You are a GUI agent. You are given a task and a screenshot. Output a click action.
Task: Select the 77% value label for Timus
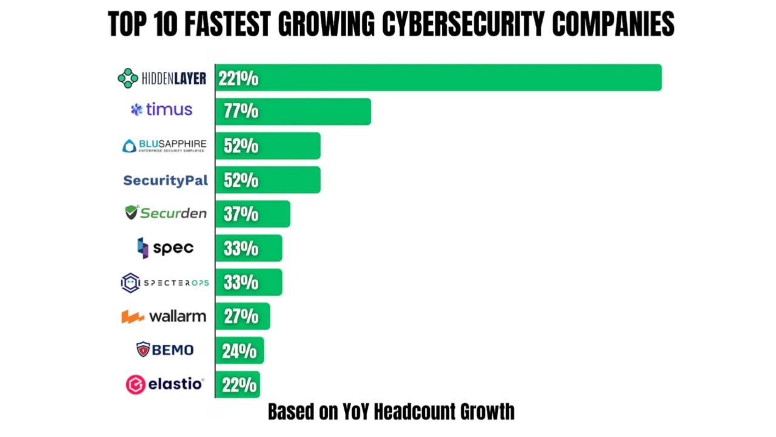[x=241, y=112]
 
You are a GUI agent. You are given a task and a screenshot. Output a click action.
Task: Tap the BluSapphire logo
[x=164, y=146]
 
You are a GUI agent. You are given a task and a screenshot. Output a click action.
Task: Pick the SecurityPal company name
[x=166, y=180]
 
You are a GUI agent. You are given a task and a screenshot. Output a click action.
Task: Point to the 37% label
[x=241, y=214]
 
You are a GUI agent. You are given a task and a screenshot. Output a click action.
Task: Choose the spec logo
[x=165, y=248]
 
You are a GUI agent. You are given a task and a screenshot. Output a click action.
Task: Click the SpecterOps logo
[x=164, y=283]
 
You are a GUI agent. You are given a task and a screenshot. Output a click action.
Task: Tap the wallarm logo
[x=164, y=316]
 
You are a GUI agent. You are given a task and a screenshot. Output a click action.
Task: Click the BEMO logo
[x=165, y=350]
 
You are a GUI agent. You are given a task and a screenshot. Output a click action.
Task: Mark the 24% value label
[x=239, y=351]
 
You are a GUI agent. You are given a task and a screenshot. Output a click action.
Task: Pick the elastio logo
[x=165, y=384]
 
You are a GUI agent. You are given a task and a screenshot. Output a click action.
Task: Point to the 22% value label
[x=239, y=385]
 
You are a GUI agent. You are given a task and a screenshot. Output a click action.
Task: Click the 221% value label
[x=238, y=78]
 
